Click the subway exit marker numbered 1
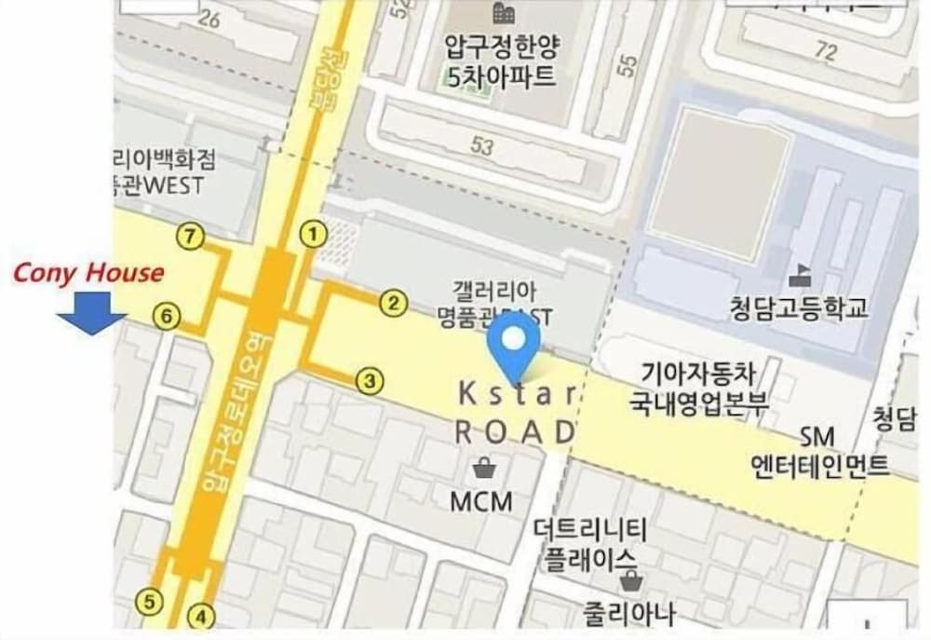pos(314,233)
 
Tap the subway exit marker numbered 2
pos(394,302)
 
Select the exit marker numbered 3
pos(370,380)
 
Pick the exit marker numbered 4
pos(201,616)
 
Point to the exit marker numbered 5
pos(149,602)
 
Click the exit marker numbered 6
pos(166,318)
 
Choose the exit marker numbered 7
pos(191,238)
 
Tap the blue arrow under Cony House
pos(92,313)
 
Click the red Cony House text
pos(88,273)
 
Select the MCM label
pos(481,501)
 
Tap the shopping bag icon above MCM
pos(483,468)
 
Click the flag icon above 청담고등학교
pos(799,277)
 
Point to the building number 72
pos(825,52)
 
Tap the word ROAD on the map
pos(516,431)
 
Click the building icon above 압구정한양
pos(504,14)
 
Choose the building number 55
pos(628,65)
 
